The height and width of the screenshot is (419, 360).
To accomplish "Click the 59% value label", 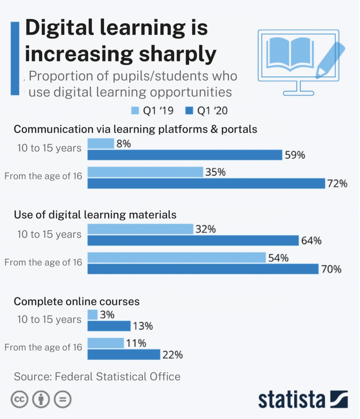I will pyautogui.click(x=295, y=155).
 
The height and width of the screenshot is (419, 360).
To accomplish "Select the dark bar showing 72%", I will pyautogui.click(x=206, y=183).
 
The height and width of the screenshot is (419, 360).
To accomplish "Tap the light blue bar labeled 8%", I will pyautogui.click(x=101, y=144).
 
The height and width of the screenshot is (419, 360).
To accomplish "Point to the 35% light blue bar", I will pyautogui.click(x=145, y=172).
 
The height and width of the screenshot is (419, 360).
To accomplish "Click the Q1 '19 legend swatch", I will pyautogui.click(x=135, y=111).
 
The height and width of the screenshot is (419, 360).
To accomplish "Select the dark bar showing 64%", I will pyautogui.click(x=193, y=241).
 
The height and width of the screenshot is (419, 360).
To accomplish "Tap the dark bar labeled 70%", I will pyautogui.click(x=203, y=269).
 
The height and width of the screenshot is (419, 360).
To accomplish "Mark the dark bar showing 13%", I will pyautogui.click(x=109, y=326).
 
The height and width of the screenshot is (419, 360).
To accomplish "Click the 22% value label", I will pyautogui.click(x=173, y=355).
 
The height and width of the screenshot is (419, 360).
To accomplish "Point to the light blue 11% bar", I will pyautogui.click(x=106, y=343).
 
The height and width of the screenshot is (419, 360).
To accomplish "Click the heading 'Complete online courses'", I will pyautogui.click(x=77, y=301).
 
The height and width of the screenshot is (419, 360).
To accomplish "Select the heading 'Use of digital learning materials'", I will pyautogui.click(x=95, y=214).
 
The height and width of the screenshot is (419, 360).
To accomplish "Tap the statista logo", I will pyautogui.click(x=303, y=399).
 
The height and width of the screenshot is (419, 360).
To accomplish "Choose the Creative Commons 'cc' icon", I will pyautogui.click(x=19, y=400).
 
